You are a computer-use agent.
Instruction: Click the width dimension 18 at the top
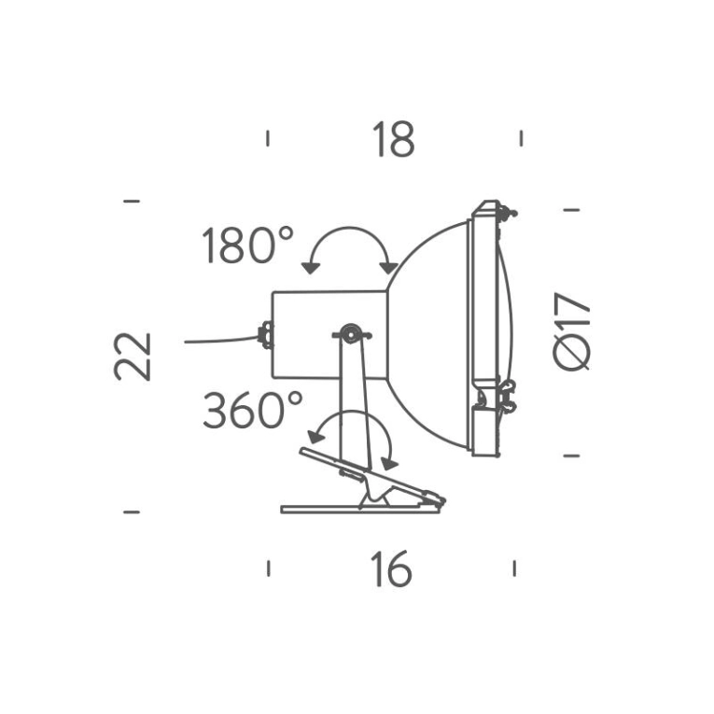point(393,141)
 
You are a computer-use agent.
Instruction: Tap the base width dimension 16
point(390,569)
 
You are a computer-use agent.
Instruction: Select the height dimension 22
point(133,356)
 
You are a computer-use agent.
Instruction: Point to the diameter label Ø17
point(571,330)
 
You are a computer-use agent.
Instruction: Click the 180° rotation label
point(247,247)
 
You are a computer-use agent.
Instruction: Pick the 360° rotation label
point(252,411)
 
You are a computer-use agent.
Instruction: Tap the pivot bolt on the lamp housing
point(349,332)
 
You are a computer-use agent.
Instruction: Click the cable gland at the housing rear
point(266,334)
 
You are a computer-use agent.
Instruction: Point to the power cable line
point(219,341)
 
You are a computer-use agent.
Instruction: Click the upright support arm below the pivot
point(353,401)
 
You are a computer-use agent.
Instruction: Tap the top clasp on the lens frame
point(505,213)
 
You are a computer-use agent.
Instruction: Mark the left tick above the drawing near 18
point(268,139)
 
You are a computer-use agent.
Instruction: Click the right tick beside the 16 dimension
point(514,567)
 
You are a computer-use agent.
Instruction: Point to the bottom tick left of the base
point(132,511)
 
